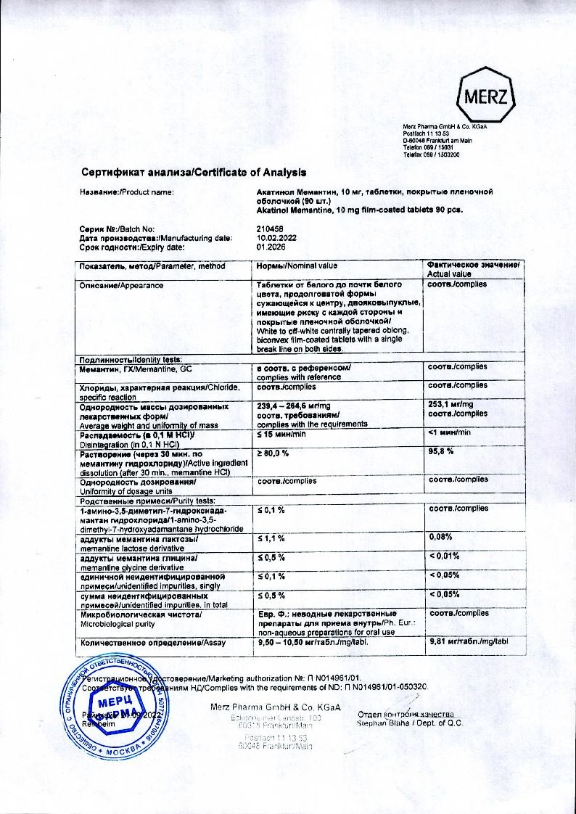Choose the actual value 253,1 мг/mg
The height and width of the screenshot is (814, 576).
tap(450, 404)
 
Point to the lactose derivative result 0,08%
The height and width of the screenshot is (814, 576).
tap(442, 537)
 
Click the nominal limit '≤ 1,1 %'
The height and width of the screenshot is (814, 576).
tap(271, 538)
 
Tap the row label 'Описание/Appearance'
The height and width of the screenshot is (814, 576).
tap(121, 284)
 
